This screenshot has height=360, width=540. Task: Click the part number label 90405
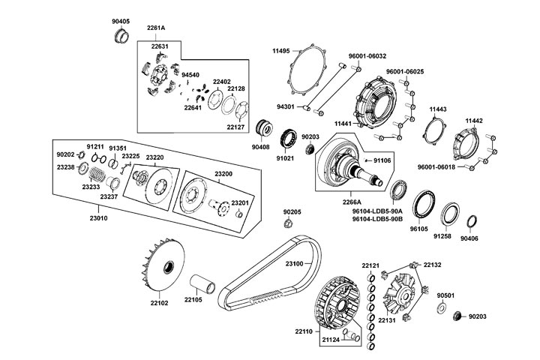point(121,22)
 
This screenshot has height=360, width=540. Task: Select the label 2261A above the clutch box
point(156,28)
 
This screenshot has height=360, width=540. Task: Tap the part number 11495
point(282,50)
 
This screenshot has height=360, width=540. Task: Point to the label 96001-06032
point(367,56)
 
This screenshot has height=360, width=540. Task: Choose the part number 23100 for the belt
point(294,263)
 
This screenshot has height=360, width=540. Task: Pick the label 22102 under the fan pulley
point(159,303)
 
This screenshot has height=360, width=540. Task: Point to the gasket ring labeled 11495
point(306,76)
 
